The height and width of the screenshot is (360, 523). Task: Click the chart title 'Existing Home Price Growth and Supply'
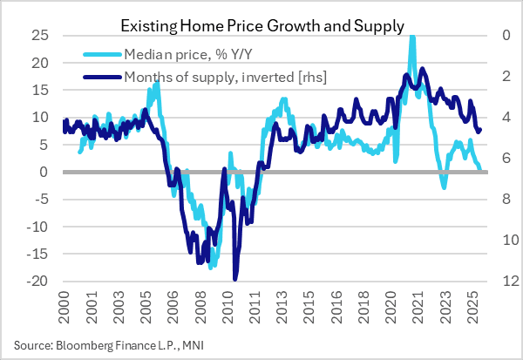(261, 26)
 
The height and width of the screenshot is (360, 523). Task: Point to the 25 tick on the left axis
(39, 36)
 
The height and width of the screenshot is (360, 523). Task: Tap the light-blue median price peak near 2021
(411, 37)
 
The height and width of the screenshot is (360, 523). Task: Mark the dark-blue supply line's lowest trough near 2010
(235, 278)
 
